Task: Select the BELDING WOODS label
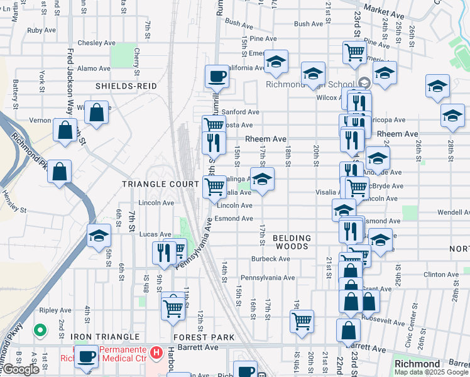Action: click(292, 242)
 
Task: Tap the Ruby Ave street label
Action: click(43, 30)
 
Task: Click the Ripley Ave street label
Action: click(55, 310)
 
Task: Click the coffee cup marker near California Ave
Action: click(217, 77)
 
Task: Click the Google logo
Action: click(21, 369)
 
